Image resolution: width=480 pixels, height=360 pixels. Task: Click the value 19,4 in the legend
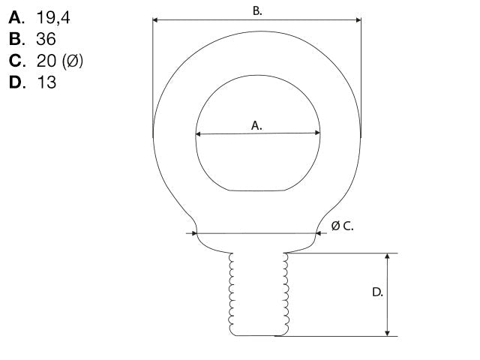[53, 17]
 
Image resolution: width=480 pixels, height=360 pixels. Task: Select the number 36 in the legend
[46, 39]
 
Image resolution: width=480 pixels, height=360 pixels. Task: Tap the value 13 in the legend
[46, 82]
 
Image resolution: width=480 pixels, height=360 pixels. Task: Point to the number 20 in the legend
[46, 61]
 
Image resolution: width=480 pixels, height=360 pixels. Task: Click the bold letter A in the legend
[15, 17]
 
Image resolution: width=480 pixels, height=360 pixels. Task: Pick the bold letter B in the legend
[15, 39]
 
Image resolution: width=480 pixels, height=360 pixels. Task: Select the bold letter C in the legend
[16, 61]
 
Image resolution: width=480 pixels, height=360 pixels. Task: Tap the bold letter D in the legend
[16, 82]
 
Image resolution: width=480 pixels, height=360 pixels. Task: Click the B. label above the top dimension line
[257, 11]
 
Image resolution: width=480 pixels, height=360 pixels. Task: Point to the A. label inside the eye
[256, 125]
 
